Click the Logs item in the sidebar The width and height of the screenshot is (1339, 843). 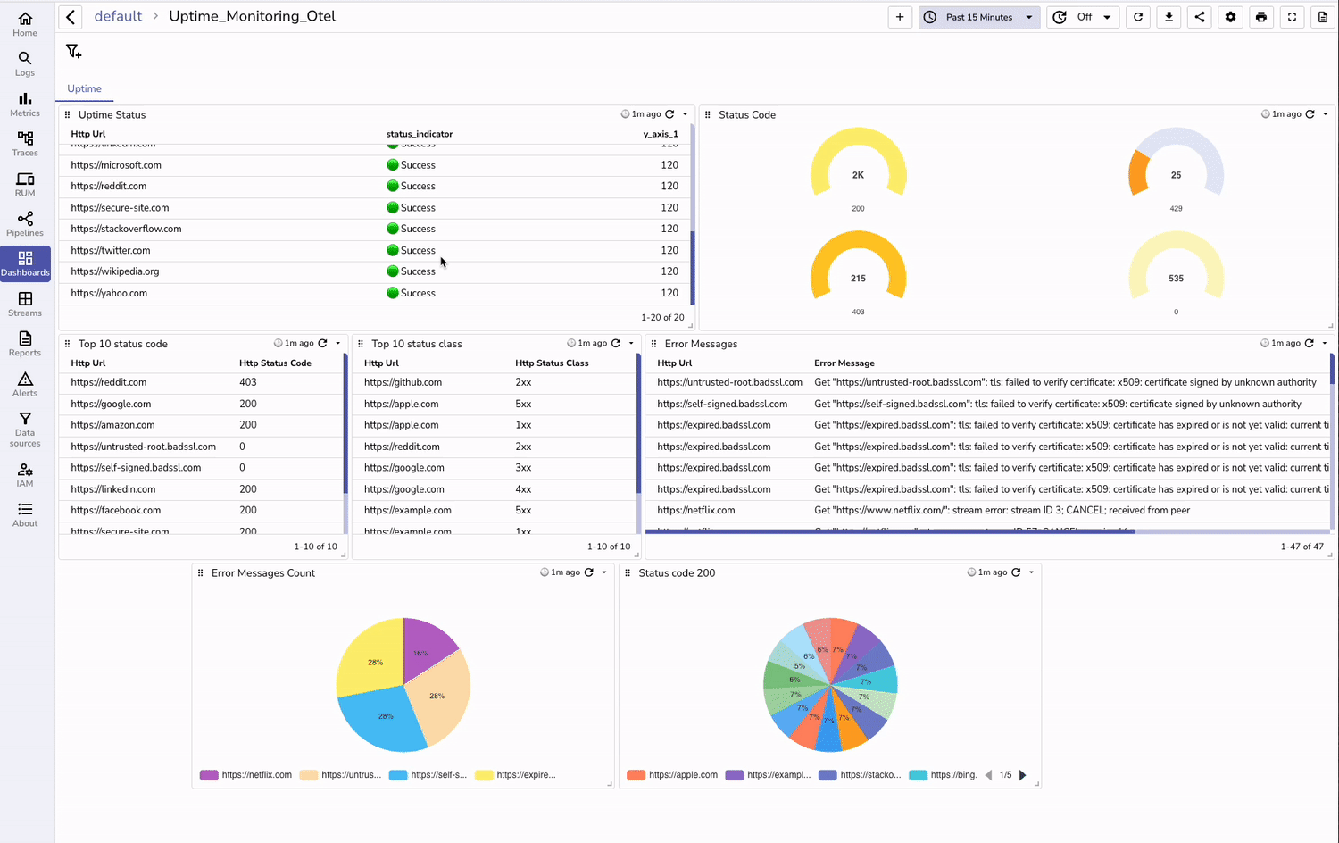tap(25, 63)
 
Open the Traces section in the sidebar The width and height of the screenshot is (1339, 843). tap(25, 143)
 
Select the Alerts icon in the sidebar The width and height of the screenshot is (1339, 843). tap(25, 384)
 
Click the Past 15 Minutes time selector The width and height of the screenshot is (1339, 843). tap(978, 17)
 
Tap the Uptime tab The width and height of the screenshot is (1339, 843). tap(84, 88)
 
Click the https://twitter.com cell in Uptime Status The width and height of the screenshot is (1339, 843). tap(111, 251)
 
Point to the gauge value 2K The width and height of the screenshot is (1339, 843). tap(858, 175)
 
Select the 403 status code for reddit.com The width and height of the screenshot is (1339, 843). tap(248, 382)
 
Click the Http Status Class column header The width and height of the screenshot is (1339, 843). tap(552, 363)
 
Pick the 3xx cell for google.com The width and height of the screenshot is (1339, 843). tap(523, 468)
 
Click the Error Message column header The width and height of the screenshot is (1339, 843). tap(844, 363)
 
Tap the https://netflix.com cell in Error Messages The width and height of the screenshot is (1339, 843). tap(696, 511)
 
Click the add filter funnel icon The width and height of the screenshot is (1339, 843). tap(73, 52)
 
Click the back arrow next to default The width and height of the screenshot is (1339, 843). tap(71, 17)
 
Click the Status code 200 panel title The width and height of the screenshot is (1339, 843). tap(677, 573)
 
